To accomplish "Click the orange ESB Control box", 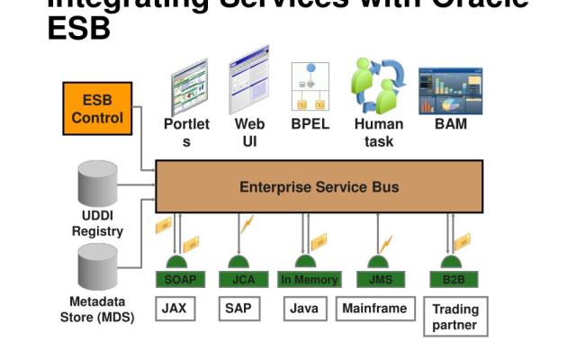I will tap(97, 109).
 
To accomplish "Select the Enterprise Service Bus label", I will tap(319, 187).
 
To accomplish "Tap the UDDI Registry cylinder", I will tap(97, 185).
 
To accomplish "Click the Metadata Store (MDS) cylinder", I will tap(97, 265).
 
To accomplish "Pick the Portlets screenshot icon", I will tap(189, 87).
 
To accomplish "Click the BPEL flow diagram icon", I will tap(310, 86).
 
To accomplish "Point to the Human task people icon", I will tap(378, 85).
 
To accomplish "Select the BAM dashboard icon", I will tap(451, 91).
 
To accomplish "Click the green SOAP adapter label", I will tap(180, 280).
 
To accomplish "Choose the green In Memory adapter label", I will tap(309, 280).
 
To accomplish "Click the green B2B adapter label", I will tap(454, 280).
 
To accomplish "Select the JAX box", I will tap(174, 308).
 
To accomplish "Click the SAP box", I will tap(238, 308).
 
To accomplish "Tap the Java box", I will tap(304, 308).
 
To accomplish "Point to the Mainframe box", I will tap(374, 308).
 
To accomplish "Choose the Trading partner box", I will tap(454, 317).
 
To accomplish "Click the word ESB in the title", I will tap(78, 28).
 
